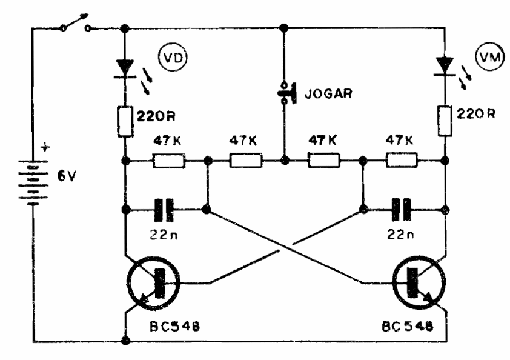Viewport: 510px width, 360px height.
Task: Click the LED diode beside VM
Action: (x=446, y=65)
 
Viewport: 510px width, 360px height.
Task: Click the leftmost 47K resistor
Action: (x=168, y=161)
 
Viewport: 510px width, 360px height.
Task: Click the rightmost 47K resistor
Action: (x=402, y=161)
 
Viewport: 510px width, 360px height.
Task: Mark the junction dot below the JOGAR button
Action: (x=284, y=161)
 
